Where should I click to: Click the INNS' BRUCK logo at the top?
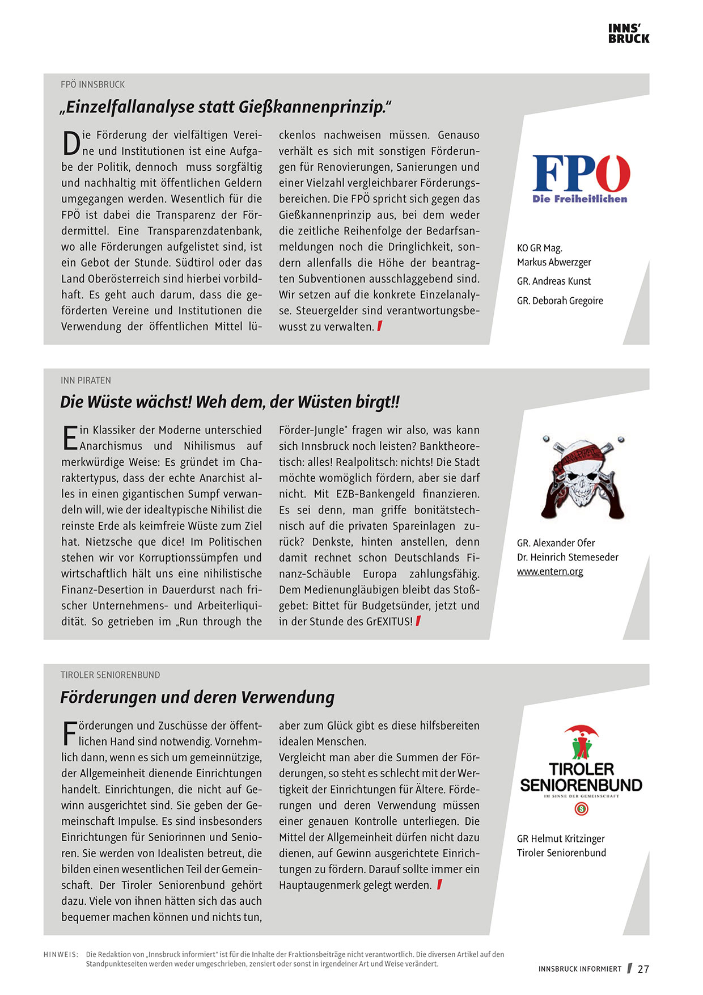628,33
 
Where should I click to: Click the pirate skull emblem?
582,477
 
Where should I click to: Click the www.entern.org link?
550,571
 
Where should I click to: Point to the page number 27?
643,969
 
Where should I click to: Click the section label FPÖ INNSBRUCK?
93,85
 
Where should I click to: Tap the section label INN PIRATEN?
86,380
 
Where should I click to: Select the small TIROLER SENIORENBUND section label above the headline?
111,675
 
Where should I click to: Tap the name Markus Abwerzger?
554,262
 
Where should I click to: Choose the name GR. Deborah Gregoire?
560,301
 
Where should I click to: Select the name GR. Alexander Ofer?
556,543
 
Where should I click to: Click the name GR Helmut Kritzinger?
561,838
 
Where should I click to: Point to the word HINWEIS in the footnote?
61,954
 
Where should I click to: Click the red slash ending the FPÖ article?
379,326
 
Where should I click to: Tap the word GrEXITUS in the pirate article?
388,621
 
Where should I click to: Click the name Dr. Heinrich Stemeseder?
568,557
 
